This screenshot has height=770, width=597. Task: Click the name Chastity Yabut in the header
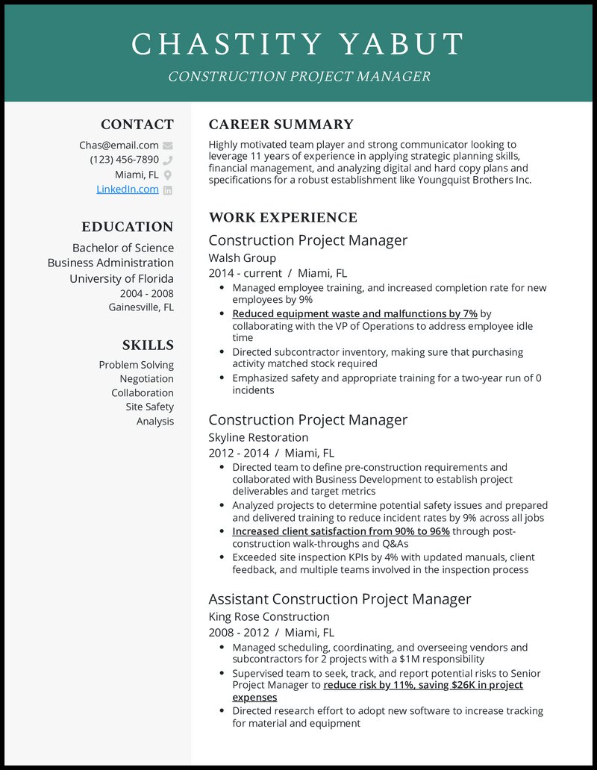point(298,45)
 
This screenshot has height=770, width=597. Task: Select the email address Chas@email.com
point(119,145)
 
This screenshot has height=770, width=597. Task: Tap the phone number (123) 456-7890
point(124,160)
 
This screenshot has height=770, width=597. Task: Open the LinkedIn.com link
point(128,190)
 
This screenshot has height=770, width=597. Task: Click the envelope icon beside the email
point(168,145)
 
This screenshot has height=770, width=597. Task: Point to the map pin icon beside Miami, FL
point(168,175)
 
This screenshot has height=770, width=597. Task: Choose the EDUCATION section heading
point(128,227)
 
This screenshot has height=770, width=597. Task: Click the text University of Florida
point(122,278)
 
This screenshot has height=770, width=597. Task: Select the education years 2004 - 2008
point(147,293)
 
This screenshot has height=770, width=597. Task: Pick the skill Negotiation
point(147,379)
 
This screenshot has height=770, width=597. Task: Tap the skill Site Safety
point(149,407)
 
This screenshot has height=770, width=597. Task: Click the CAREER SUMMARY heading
point(281,125)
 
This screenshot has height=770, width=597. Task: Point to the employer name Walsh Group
point(242,258)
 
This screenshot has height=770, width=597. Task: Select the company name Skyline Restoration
point(258,437)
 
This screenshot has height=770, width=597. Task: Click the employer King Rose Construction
point(269,616)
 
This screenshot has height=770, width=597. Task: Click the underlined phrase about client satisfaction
point(340,531)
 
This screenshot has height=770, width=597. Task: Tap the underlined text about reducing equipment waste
point(354,314)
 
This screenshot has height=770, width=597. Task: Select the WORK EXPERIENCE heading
point(283,218)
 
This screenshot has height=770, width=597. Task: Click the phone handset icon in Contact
point(168,160)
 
